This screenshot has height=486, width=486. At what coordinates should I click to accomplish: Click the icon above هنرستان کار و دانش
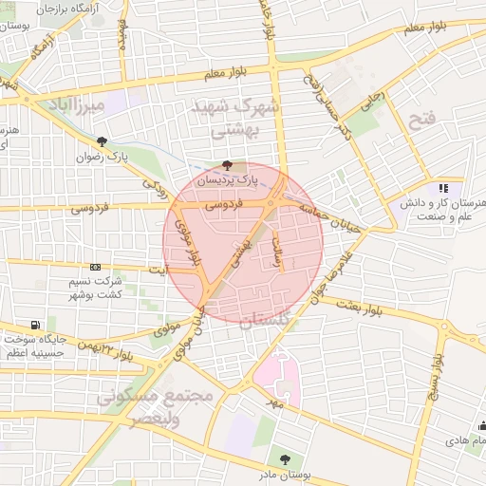coord(443,189)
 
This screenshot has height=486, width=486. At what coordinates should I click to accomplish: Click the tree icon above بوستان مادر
coord(282,459)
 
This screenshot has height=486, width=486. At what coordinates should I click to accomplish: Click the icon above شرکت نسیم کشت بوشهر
coord(94,267)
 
